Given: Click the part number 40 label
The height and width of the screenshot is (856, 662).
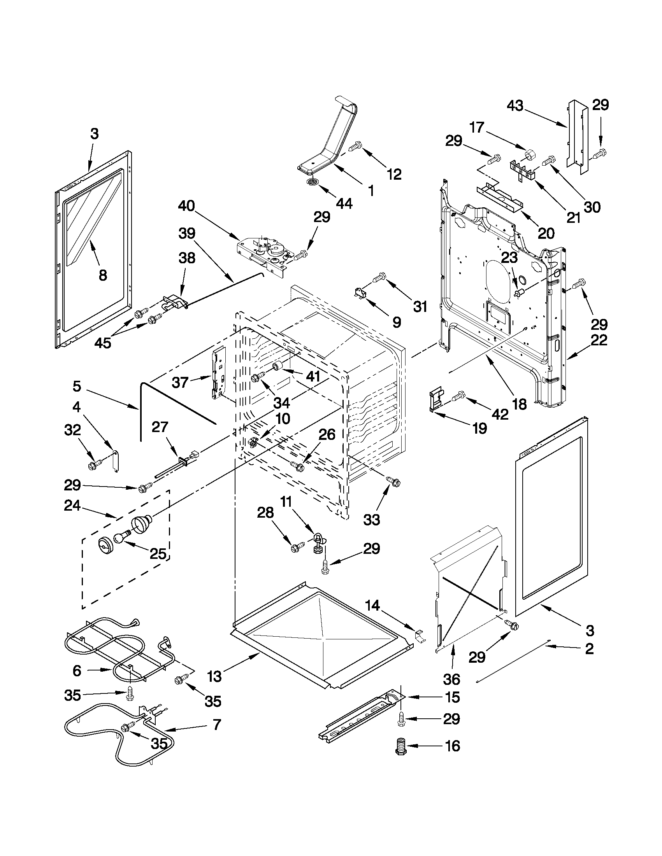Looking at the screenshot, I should coord(186,206).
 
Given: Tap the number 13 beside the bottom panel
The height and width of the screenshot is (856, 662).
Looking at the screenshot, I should coord(215,676).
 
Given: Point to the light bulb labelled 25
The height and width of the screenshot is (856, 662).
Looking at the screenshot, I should coord(121,536).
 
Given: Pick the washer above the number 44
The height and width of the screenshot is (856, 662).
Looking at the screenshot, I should coord(313,182).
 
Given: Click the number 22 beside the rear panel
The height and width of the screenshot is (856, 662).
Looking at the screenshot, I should coord(598,340).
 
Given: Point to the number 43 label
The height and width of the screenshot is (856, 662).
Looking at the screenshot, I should coord(516,105).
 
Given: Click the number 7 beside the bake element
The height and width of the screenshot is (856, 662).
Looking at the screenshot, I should coord(216,724).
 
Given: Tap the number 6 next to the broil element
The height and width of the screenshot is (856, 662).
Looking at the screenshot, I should coord(77,670).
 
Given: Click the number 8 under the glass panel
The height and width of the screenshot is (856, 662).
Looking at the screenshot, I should coord(102,275).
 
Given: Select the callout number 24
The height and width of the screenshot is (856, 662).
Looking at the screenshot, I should coord(72,506).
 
